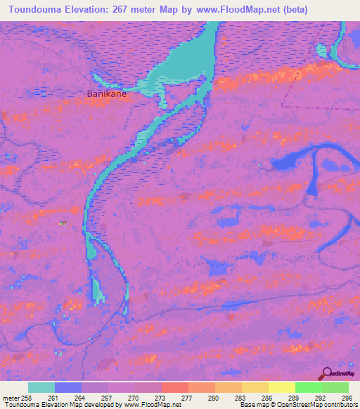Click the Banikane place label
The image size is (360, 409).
pos(106,93)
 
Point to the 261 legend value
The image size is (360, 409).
pos(53,398)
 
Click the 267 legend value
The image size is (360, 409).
pos(107,398)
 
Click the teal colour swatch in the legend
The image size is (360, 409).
pos(41,387)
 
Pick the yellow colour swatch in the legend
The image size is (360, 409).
pos(255,387)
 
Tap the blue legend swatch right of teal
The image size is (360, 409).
pos(68,387)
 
